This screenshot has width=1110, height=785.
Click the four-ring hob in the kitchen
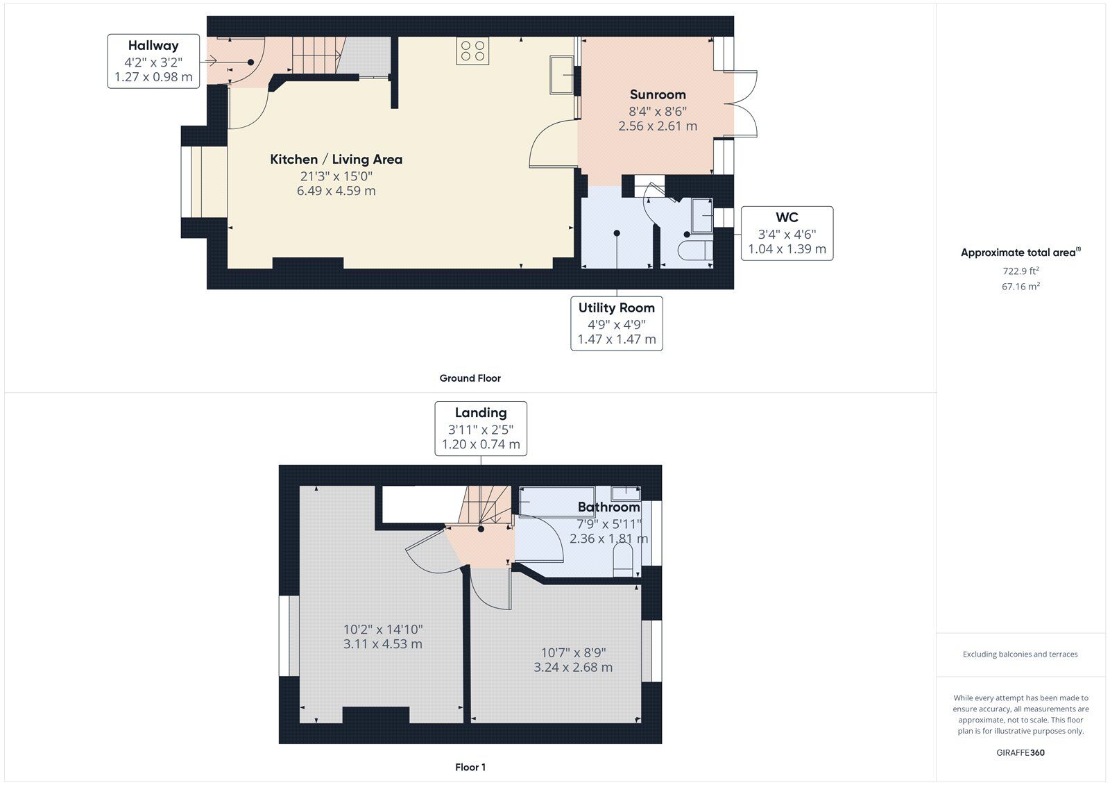pos(472,51)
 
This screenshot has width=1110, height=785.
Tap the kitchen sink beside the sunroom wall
pos(561,75)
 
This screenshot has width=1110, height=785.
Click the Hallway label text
pos(153,46)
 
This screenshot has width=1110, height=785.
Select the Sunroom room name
pos(658,94)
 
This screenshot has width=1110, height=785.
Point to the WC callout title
pos(787,217)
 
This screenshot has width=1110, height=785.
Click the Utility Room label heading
pos(617,308)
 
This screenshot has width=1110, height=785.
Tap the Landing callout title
pos(481,413)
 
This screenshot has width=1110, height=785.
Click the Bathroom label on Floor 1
pos(608,507)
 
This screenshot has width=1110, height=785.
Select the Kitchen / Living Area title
pos(336,160)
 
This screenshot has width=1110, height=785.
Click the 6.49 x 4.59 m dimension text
pos(336,191)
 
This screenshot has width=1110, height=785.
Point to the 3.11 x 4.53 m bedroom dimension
pos(382,644)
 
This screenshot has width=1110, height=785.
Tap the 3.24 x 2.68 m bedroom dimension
pos(573,668)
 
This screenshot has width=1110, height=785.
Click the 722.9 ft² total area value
pos(1021,271)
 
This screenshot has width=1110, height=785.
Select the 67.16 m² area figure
pos(1021,286)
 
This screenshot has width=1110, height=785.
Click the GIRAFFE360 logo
pos(1021,753)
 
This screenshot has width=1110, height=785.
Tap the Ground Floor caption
pos(470,378)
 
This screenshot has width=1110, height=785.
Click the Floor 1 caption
pos(470,768)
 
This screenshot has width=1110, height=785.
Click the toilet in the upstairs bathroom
pos(623,560)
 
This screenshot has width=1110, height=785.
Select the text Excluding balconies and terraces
pos(1020,655)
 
